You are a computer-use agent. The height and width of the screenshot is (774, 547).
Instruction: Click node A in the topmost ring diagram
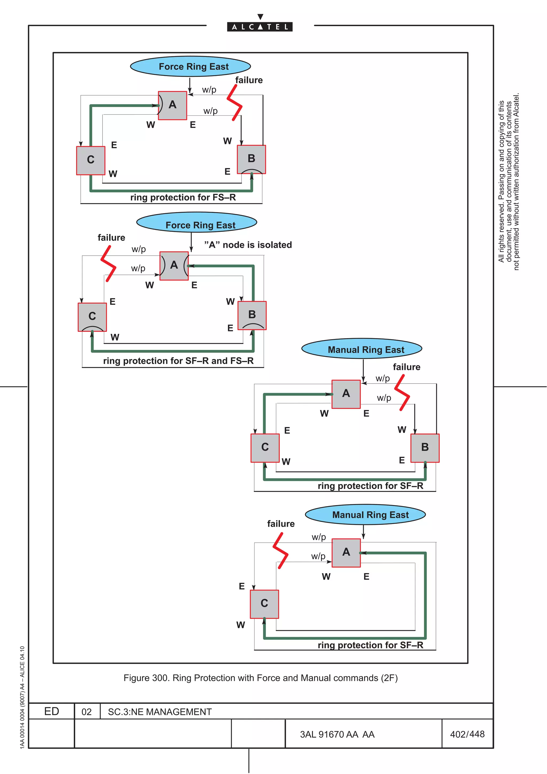pyautogui.click(x=172, y=105)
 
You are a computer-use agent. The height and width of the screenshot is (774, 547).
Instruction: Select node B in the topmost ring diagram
pyautogui.click(x=251, y=159)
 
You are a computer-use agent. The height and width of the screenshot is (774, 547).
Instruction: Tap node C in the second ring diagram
pyautogui.click(x=92, y=317)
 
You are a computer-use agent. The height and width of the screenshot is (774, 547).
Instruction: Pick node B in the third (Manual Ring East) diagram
pyautogui.click(x=425, y=448)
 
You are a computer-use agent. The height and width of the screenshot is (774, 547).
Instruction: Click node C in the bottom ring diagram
pyautogui.click(x=264, y=604)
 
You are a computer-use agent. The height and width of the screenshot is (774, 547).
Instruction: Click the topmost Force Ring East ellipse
pyautogui.click(x=190, y=67)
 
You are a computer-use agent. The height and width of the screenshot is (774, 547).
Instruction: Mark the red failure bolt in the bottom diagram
pyautogui.click(x=281, y=551)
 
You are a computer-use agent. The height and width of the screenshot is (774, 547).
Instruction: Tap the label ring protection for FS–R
pyautogui.click(x=183, y=197)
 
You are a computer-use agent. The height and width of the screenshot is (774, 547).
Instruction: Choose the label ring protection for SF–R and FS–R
pyautogui.click(x=178, y=361)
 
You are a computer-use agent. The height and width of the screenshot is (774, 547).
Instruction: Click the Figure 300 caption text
pyautogui.click(x=260, y=678)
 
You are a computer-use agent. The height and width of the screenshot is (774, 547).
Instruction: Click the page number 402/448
pyautogui.click(x=467, y=734)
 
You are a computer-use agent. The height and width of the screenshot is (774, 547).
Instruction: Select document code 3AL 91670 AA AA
pyautogui.click(x=337, y=734)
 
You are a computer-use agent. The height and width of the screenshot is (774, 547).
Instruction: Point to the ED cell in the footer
pyautogui.click(x=52, y=711)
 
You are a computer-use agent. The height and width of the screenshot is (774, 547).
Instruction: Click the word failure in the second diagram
pyautogui.click(x=111, y=238)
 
